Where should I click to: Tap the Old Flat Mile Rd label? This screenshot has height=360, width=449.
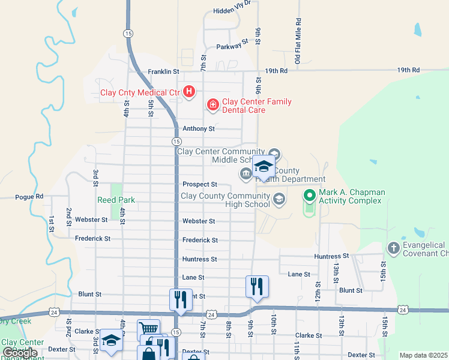pyautogui.click(x=298, y=41)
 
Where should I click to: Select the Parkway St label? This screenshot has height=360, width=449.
pyautogui.click(x=232, y=44)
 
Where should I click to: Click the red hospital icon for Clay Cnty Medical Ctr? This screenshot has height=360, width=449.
pyautogui.click(x=189, y=92)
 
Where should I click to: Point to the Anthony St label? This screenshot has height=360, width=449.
pyautogui.click(x=198, y=128)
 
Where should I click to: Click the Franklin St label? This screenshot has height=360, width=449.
pyautogui.click(x=163, y=71)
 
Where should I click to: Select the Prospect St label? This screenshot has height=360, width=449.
pyautogui.click(x=199, y=184)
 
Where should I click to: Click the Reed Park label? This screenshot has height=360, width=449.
pyautogui.click(x=116, y=200)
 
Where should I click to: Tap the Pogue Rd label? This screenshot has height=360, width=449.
pyautogui.click(x=29, y=196)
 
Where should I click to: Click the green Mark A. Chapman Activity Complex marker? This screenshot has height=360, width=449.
pyautogui.click(x=309, y=196)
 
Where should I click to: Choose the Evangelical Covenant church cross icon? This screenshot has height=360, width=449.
pyautogui.click(x=393, y=248)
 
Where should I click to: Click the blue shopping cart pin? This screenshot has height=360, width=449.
pyautogui.click(x=149, y=329)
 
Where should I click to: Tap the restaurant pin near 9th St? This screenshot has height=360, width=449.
pyautogui.click(x=257, y=286)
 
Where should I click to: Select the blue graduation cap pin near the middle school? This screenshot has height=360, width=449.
pyautogui.click(x=263, y=166)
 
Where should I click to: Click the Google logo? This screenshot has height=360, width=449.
pyautogui.click(x=19, y=353)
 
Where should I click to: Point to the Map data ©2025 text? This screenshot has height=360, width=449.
pyautogui.click(x=423, y=355)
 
